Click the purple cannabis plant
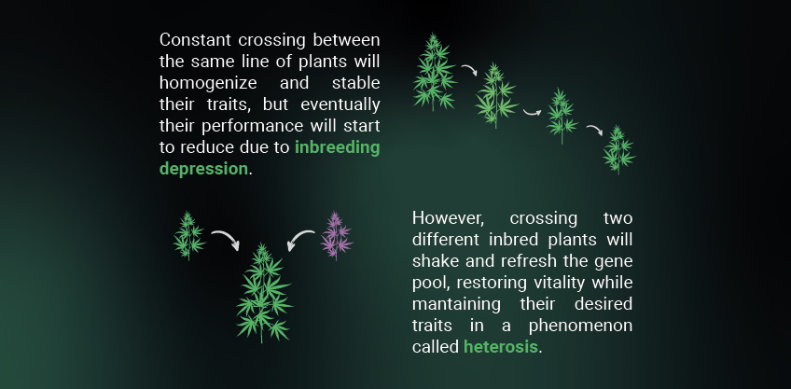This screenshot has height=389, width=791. click(x=337, y=236)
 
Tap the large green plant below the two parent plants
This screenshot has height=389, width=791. click(x=263, y=293)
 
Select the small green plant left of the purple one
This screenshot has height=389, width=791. click(x=189, y=236)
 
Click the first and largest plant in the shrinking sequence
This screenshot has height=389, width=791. click(x=435, y=72)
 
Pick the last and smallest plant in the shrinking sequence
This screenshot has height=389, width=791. click(x=618, y=150)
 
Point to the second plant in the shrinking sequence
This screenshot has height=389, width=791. click(x=496, y=96)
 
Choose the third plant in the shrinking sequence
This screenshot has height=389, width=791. click(x=562, y=116)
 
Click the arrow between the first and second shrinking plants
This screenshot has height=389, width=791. click(x=469, y=70)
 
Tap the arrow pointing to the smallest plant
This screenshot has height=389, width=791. click(x=594, y=130)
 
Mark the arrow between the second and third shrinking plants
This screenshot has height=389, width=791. click(x=532, y=112)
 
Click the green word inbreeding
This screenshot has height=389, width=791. click(x=337, y=147)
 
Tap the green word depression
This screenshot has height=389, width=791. click(x=203, y=169)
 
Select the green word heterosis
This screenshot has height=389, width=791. click(x=500, y=347)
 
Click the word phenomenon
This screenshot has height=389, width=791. click(x=580, y=326)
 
